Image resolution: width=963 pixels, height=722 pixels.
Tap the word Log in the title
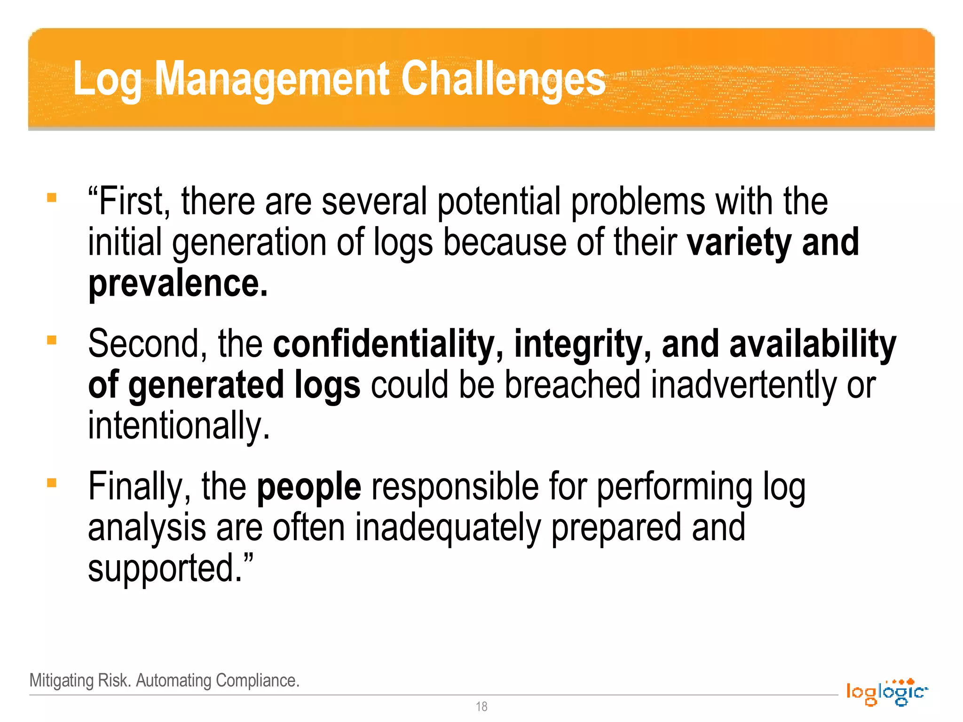pyautogui.click(x=107, y=80)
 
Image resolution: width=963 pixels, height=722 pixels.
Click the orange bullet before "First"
pyautogui.click(x=52, y=197)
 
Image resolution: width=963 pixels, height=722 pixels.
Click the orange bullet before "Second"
pyautogui.click(x=52, y=340)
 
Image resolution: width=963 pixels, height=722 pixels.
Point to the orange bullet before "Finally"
pyautogui.click(x=52, y=483)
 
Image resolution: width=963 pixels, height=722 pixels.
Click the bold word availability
pyautogui.click(x=813, y=344)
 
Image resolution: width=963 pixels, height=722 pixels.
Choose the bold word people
pyautogui.click(x=309, y=487)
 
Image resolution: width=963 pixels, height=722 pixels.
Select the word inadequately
pyautogui.click(x=448, y=528)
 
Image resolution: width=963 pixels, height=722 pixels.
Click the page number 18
pyautogui.click(x=481, y=706)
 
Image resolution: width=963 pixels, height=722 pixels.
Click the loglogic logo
pyautogui.click(x=886, y=692)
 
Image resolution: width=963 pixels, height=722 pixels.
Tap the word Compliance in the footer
pyautogui.click(x=257, y=681)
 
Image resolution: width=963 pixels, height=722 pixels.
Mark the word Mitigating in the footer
pyautogui.click(x=62, y=681)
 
